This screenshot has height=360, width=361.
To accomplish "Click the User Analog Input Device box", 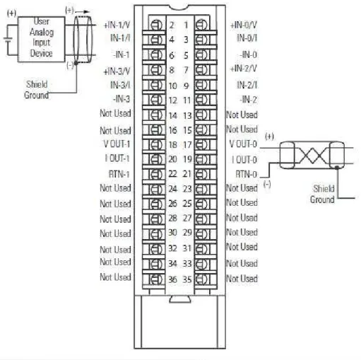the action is coord(42,40).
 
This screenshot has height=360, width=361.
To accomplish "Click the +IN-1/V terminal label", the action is coord(117,25).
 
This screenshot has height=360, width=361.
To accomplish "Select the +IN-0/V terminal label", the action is coord(244,25).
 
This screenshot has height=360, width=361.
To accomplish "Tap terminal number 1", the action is coord(186,25).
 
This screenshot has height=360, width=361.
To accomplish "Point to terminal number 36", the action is coord(172,279).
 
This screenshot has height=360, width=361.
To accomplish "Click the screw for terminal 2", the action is coord(157,25).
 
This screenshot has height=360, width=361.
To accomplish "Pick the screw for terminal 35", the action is coord(201,279).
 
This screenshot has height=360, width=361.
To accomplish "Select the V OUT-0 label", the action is coord(243,144).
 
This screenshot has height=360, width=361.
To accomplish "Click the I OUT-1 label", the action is coord(117,158).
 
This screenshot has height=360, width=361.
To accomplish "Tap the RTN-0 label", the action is coord(247,175).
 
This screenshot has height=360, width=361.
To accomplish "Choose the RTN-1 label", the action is coord(119,175).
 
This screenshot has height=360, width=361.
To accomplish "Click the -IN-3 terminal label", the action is coord(122,99).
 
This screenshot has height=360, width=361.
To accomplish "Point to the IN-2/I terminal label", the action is coord(247,85).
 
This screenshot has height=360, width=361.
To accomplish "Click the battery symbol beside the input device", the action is coord(8,40).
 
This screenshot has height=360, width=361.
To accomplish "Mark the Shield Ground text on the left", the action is coord(37,90).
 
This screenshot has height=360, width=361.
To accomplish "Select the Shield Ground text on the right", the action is coord(322,194).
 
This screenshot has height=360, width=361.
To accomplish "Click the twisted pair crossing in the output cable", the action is coord(312,156).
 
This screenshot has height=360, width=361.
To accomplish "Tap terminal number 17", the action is coord(188,145).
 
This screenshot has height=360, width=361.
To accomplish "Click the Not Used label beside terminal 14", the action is coord(115,113).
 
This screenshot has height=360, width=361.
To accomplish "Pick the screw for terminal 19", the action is coord(201,159).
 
